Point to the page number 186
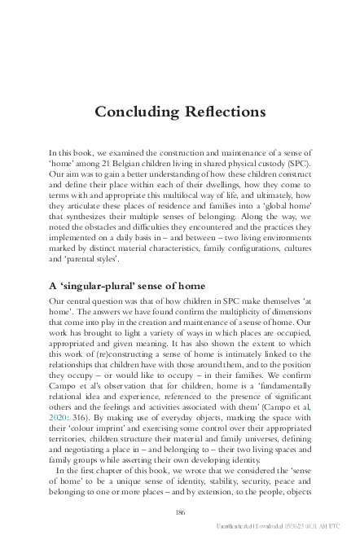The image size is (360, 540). click(180, 511)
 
